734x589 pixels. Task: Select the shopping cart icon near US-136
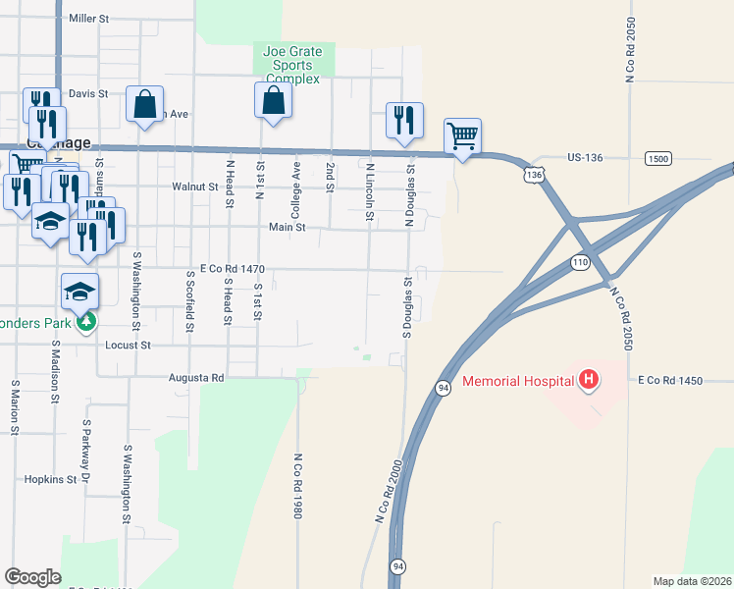462,134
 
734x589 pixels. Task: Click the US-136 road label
590,157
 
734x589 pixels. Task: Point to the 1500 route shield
658,158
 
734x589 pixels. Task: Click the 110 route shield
580,262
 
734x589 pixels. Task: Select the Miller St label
89,19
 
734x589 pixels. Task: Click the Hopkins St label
56,479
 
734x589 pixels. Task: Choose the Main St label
288,227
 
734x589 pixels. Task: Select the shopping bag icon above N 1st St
273,100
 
